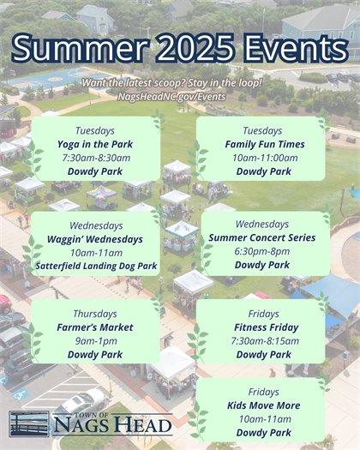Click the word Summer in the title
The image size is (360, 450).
click(x=81, y=48)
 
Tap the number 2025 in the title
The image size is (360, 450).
click(x=195, y=48)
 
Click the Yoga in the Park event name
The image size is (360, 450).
click(x=95, y=144)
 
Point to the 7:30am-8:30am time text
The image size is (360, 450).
click(x=95, y=158)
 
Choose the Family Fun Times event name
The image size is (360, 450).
click(x=262, y=144)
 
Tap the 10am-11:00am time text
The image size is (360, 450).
click(x=262, y=158)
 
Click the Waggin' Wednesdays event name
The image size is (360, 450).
click(x=95, y=239)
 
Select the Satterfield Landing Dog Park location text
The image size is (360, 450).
click(x=95, y=267)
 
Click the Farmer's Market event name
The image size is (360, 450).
click(x=95, y=327)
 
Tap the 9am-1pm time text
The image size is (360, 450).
click(x=95, y=341)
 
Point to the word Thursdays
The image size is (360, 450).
click(x=95, y=313)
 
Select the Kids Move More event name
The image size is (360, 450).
click(x=262, y=405)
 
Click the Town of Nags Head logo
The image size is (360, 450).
click(x=90, y=423)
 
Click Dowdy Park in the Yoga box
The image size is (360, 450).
click(x=95, y=171)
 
